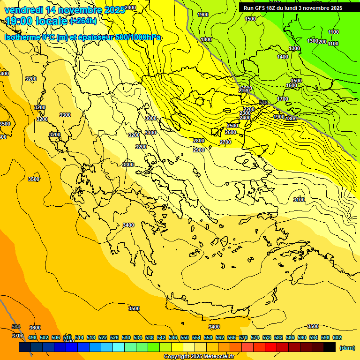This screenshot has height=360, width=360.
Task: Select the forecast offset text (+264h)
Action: pos(83,21)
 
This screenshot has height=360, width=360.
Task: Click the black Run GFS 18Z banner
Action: pos(293,8)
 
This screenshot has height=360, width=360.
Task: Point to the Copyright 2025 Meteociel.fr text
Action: pos(199,356)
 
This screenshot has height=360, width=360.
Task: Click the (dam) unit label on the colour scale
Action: pos(346,348)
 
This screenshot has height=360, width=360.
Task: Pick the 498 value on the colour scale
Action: pos(32,337)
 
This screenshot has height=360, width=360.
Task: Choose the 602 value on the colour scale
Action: pos(337,337)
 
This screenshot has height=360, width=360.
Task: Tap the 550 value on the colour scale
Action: pos(185,337)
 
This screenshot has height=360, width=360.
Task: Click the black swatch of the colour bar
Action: pos(330,347)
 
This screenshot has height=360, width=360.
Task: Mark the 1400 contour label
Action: pos(283,57)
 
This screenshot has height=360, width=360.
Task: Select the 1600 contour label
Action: pos(292,85)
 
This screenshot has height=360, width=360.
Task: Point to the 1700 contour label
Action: pos(283,99)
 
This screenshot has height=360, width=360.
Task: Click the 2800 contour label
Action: pos(199,141)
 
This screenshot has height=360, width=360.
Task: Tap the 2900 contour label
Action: pos(199,150)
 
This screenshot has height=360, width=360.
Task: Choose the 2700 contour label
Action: pos(225,142)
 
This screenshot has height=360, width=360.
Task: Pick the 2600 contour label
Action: pos(231,133)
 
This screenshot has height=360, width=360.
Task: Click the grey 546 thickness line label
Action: pos(263,103)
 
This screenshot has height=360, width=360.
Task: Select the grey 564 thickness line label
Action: pos(16,327)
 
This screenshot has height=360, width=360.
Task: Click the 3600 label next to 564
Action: pos(35,328)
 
